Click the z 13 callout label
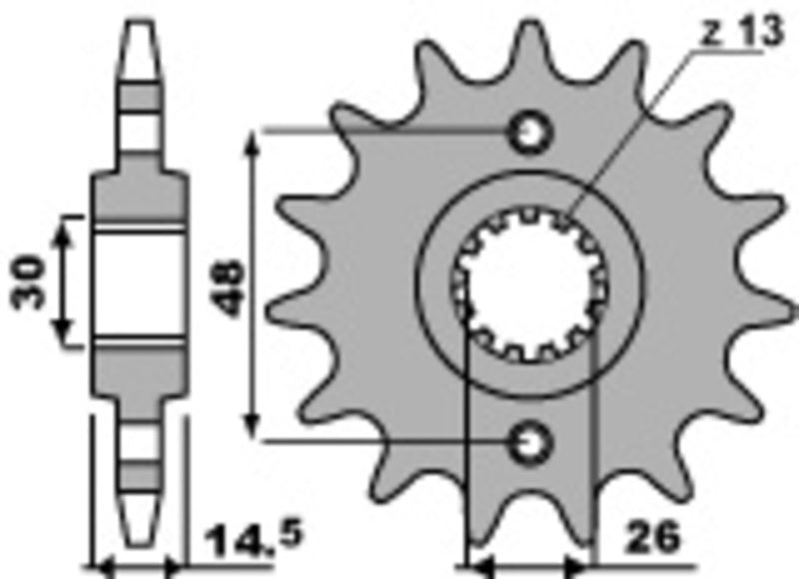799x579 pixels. click(741, 32)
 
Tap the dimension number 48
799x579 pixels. click(229, 288)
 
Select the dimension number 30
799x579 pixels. click(32, 281)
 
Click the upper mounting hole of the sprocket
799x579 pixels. click(529, 132)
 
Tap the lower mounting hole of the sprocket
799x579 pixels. click(529, 439)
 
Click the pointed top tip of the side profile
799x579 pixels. click(140, 22)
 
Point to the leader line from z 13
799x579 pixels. click(639, 120)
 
